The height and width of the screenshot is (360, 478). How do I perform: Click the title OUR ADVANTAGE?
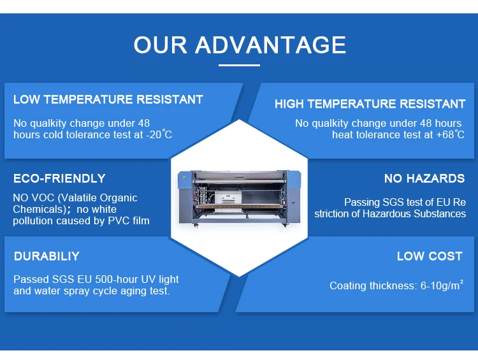239,45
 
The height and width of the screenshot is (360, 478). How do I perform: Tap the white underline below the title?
239,64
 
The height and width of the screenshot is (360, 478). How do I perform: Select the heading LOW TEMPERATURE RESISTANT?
108,99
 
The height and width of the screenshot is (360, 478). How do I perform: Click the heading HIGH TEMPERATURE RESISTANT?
370,104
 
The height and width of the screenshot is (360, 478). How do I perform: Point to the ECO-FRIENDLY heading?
59,178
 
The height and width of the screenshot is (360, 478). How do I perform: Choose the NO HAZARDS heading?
424,178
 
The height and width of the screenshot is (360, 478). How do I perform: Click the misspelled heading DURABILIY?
47,256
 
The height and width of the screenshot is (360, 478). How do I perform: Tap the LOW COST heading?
429,256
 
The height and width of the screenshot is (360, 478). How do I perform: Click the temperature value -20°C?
157,134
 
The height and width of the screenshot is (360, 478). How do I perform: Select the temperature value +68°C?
450,134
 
